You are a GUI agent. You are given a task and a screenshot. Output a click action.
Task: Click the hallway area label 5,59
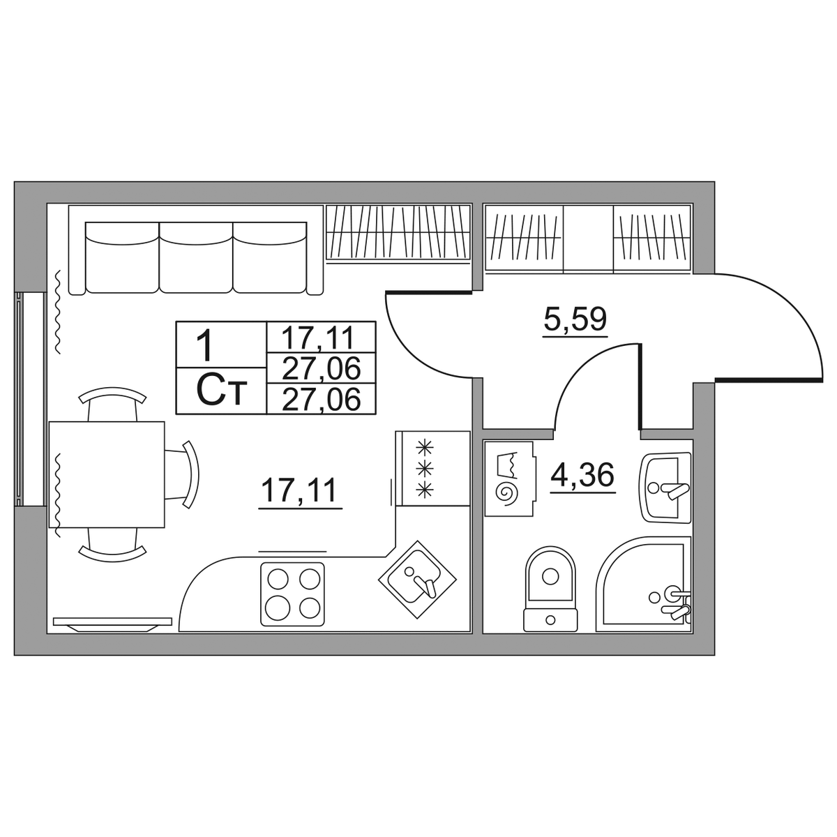(575, 319)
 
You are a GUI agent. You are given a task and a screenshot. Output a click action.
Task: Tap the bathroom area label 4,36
(582, 474)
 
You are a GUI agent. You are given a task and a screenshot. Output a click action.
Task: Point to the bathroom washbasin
(665, 488)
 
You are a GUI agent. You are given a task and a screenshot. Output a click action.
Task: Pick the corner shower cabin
(644, 585)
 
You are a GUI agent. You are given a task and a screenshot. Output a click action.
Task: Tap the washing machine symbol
(509, 479)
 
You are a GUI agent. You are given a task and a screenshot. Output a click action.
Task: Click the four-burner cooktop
(292, 594)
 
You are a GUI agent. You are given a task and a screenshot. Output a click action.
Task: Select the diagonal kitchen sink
(417, 580)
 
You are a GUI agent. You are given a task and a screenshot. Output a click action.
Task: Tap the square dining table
(107, 475)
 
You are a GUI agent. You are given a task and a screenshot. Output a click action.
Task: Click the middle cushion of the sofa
(196, 257)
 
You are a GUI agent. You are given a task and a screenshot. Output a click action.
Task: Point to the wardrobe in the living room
(398, 234)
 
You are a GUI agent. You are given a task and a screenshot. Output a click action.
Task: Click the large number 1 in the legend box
(204, 345)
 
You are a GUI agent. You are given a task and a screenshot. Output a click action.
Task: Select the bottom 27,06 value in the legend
(321, 399)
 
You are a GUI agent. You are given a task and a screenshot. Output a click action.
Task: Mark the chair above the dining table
(112, 404)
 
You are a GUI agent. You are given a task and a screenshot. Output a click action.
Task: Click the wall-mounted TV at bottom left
(112, 624)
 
